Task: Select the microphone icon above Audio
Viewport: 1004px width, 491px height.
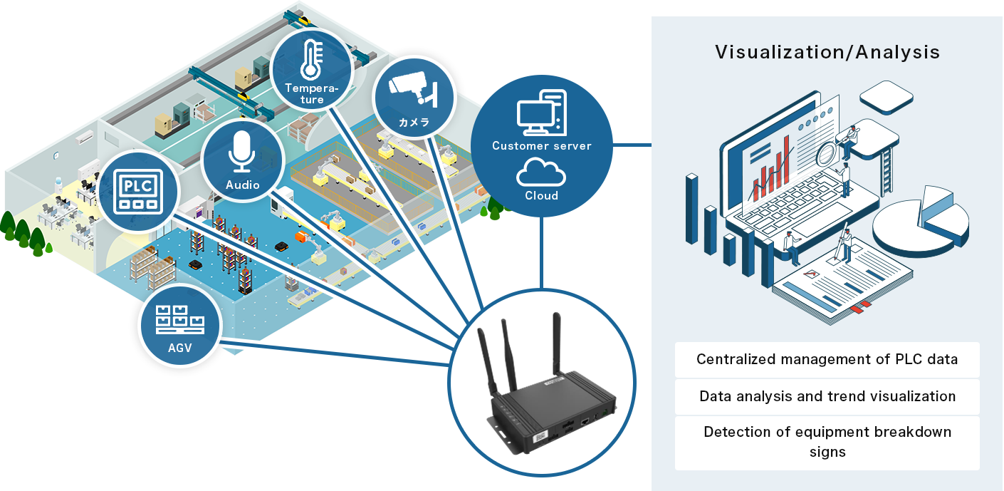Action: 242,151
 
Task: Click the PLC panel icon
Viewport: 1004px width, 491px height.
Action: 140,190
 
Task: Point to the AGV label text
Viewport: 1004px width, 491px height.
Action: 180,349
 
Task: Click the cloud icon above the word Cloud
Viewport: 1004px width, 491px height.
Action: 541,172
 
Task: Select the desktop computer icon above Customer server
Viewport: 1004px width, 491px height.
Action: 542,113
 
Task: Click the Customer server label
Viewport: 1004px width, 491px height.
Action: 541,146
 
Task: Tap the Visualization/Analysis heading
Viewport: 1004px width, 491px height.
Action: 827,53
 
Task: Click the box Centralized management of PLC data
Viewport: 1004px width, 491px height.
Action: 827,359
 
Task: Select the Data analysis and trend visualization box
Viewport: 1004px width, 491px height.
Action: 827,396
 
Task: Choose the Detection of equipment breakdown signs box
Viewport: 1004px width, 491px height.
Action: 827,442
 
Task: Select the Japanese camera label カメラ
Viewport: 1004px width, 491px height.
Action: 414,123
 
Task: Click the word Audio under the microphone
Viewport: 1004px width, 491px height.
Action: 242,185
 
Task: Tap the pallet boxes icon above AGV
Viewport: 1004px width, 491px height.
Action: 180,321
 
